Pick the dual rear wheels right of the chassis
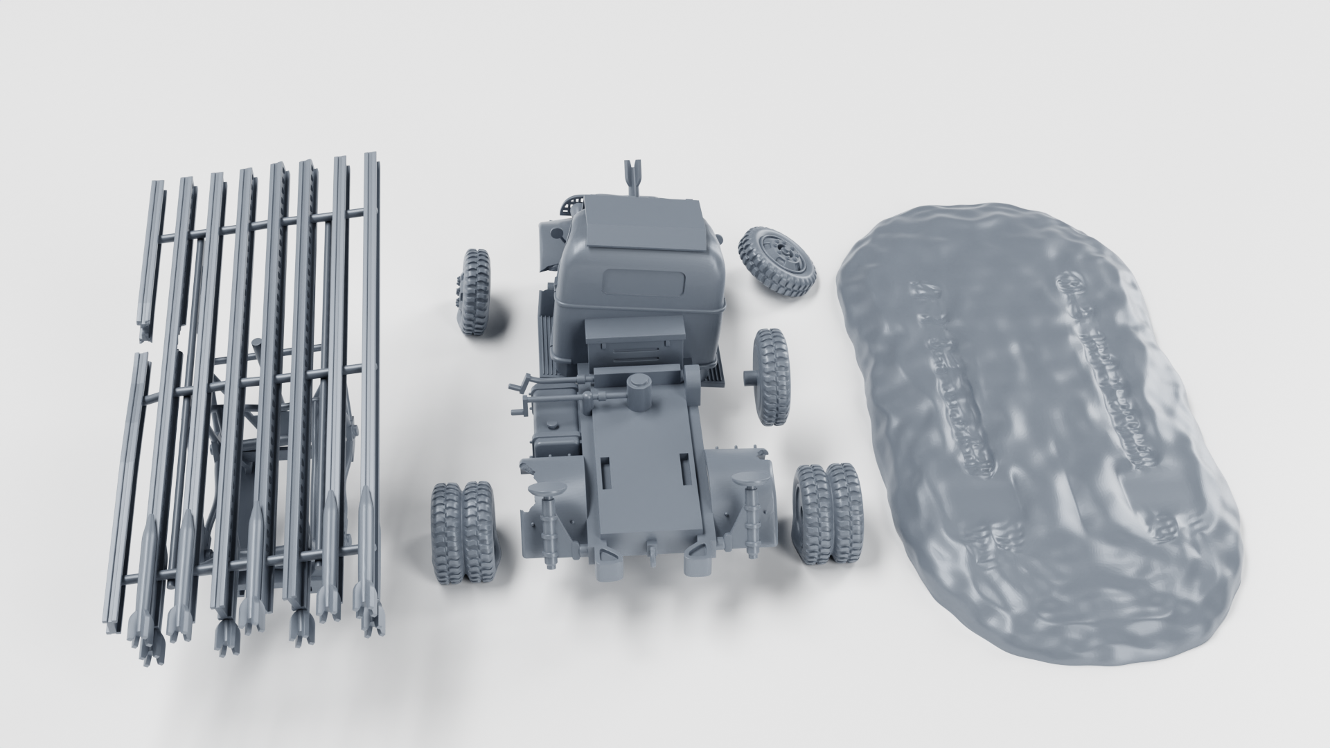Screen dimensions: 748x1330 click(827, 512)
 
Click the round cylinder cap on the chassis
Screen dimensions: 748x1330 click(638, 385)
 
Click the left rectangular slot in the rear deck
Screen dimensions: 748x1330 click(607, 472)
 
